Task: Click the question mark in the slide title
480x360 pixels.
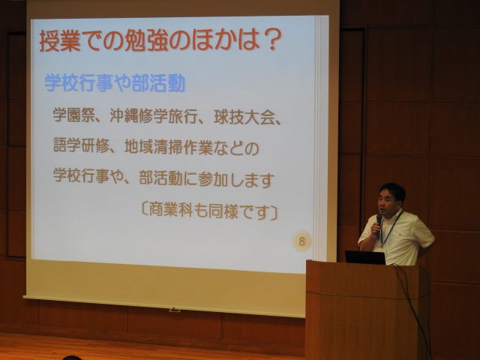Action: [270, 40]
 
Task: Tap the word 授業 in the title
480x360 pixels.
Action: [60, 40]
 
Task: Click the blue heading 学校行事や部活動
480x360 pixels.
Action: [115, 82]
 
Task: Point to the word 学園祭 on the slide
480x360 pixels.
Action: [73, 115]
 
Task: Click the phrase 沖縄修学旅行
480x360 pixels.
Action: [152, 115]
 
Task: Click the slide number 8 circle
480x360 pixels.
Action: [301, 241]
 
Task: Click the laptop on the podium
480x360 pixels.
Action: [365, 257]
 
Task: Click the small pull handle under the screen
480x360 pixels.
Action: [175, 310]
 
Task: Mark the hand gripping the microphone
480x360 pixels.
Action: [375, 229]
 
